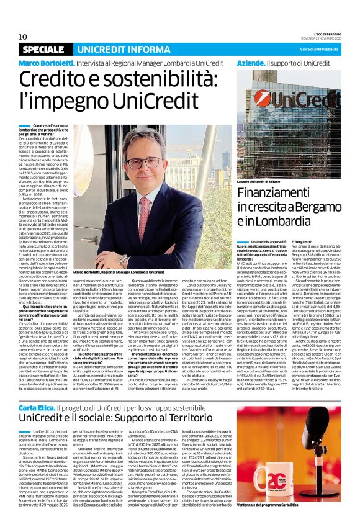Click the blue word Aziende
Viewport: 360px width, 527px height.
coord(251,64)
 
